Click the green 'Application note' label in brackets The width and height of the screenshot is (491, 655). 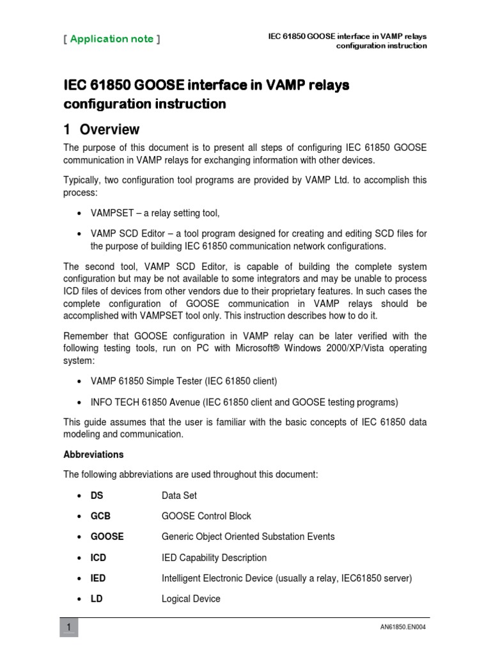click(112, 39)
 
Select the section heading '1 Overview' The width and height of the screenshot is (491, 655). click(102, 130)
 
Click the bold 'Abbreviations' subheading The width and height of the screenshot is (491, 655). click(93, 455)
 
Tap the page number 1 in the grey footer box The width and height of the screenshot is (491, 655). click(68, 627)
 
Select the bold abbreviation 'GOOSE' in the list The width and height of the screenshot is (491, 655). click(107, 537)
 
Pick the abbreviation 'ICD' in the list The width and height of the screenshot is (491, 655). click(98, 558)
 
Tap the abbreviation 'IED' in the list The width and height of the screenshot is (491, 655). click(98, 578)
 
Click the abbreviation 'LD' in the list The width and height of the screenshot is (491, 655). click(97, 599)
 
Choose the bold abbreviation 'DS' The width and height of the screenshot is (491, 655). click(97, 496)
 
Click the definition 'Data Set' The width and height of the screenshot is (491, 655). click(180, 496)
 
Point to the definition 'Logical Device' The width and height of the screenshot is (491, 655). click(191, 599)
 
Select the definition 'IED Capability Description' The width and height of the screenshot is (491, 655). click(214, 558)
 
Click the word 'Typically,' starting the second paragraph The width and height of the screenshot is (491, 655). click(84, 180)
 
